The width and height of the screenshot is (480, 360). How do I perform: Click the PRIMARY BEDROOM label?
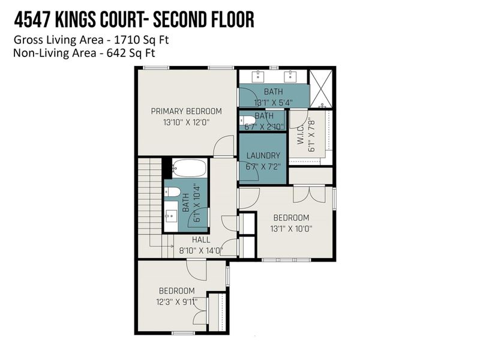point(186,111)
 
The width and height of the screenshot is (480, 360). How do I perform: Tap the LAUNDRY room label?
point(263,155)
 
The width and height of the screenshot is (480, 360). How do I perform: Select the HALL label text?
point(201,239)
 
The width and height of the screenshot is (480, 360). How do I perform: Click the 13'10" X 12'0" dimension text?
point(186,122)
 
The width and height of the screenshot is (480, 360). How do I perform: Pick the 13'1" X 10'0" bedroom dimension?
point(292,228)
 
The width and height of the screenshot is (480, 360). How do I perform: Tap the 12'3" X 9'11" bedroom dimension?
point(177,302)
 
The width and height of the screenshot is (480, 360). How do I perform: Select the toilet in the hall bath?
point(172,192)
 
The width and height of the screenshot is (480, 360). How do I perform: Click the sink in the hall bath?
point(171,211)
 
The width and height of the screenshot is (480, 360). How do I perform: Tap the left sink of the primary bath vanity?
point(259,76)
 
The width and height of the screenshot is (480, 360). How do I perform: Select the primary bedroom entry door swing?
point(224,146)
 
